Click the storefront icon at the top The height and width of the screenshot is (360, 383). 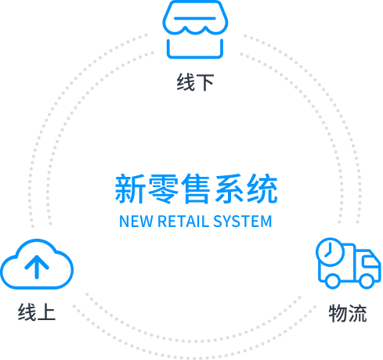(x=195, y=29)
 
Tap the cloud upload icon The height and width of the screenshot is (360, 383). (x=37, y=264)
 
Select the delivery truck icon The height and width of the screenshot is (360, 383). (x=349, y=263)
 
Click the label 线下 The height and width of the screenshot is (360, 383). (x=196, y=82)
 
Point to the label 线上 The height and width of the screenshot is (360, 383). (x=37, y=312)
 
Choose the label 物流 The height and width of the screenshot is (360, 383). (x=348, y=313)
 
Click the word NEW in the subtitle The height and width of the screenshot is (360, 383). (x=135, y=221)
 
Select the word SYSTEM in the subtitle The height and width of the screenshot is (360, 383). (x=243, y=221)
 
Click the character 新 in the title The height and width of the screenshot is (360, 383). (x=130, y=189)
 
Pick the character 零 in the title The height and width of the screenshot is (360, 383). (x=163, y=189)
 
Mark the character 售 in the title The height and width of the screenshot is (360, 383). (x=196, y=189)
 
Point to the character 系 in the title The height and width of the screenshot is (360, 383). (x=229, y=189)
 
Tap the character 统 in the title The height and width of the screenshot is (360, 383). (x=262, y=189)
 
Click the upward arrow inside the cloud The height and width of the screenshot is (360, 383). (x=37, y=267)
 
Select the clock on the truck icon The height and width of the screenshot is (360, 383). (x=330, y=252)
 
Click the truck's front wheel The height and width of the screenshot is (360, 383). (x=367, y=281)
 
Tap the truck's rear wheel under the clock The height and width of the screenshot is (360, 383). (x=332, y=281)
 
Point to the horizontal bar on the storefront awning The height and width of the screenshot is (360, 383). (x=195, y=19)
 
